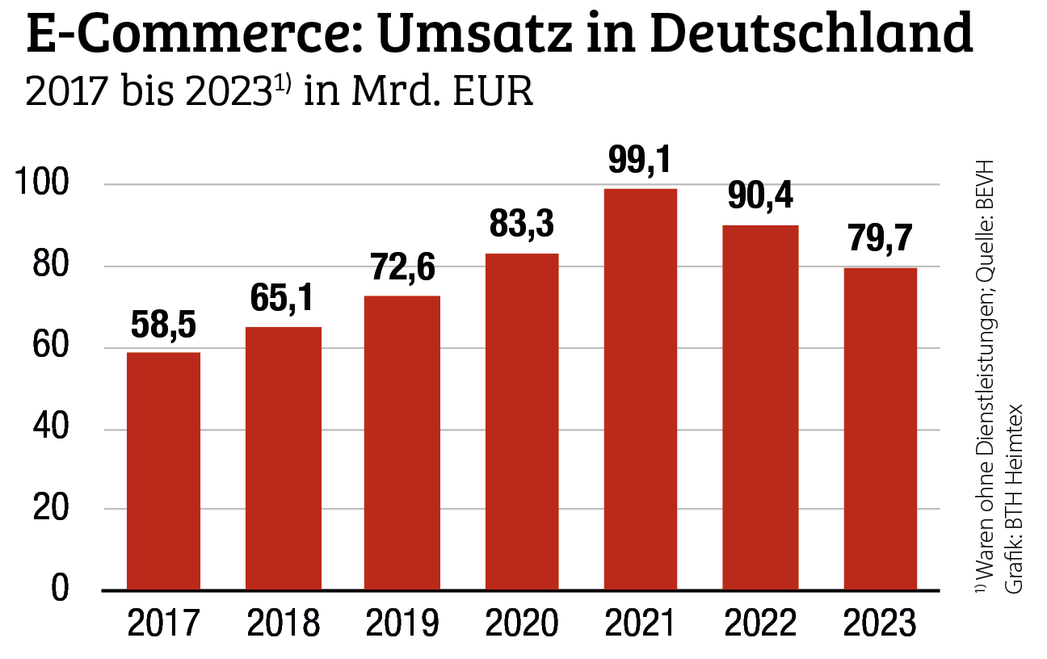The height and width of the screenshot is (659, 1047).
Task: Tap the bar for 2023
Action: [880, 429]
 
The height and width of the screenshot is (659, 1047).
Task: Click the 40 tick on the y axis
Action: [50, 428]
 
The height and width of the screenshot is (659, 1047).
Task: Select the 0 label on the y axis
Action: [60, 590]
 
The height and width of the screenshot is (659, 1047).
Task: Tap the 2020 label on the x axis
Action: [521, 623]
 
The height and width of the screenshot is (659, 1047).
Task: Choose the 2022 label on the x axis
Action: [759, 623]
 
